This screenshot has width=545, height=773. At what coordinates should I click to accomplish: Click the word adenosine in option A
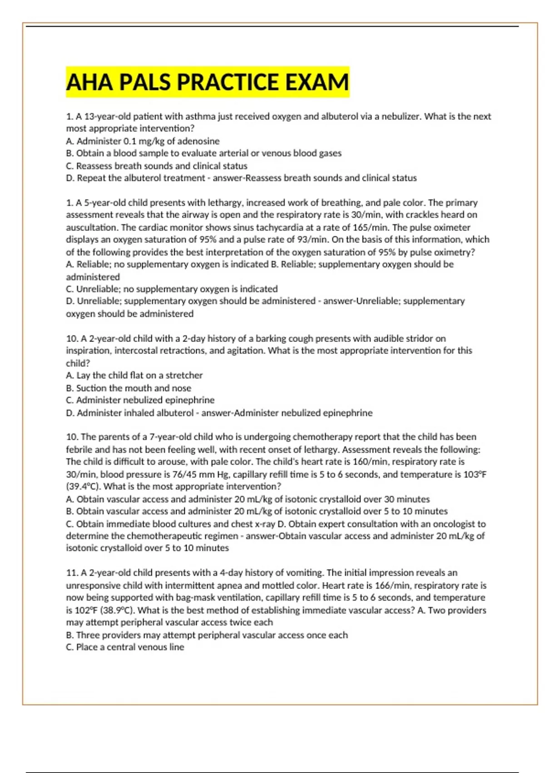[x=198, y=141]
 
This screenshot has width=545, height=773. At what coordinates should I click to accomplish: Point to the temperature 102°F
[x=89, y=610]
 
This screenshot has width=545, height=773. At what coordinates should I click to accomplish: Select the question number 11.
[x=71, y=573]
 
